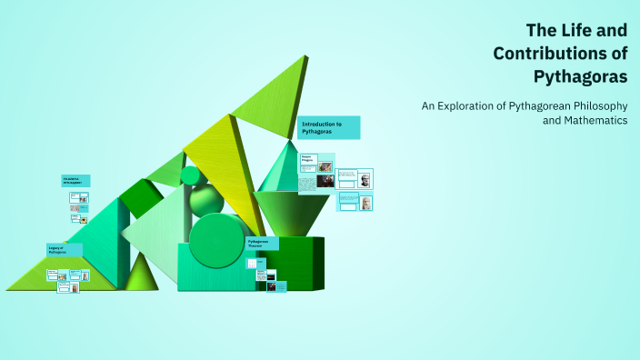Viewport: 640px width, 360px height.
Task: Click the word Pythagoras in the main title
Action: click(583, 76)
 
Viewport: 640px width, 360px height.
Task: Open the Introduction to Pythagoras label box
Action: click(328, 127)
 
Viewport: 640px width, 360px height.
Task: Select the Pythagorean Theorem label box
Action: click(262, 244)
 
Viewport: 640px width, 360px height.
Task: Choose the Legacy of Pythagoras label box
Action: click(64, 250)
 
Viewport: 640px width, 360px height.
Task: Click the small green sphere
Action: click(190, 175)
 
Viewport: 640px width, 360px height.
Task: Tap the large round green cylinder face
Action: click(216, 240)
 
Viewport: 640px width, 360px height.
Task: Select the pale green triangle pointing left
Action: click(155, 232)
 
